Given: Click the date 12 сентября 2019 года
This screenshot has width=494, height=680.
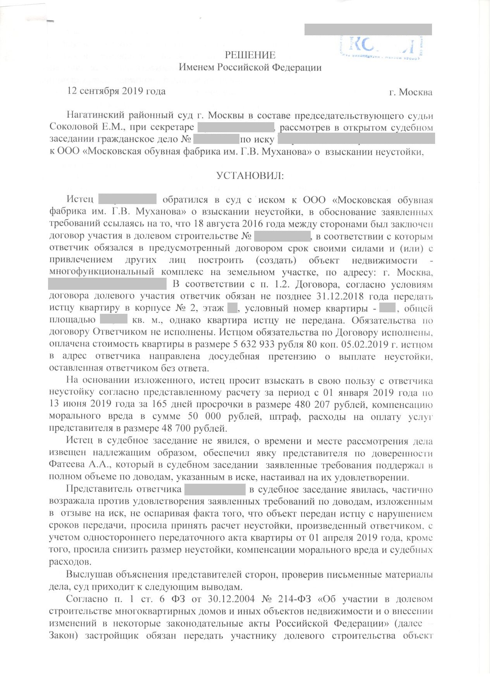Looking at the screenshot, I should point(117,91).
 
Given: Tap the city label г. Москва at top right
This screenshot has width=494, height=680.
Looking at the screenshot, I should point(411,92).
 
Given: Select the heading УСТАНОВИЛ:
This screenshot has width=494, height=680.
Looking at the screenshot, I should point(250,176).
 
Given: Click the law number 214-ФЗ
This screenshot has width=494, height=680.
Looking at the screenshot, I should point(295,599).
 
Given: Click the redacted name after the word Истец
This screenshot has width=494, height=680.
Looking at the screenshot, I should point(127,199).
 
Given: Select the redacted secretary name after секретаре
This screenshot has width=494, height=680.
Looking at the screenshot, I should point(236,127).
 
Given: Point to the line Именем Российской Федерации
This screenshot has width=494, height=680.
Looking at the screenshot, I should point(250,67).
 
